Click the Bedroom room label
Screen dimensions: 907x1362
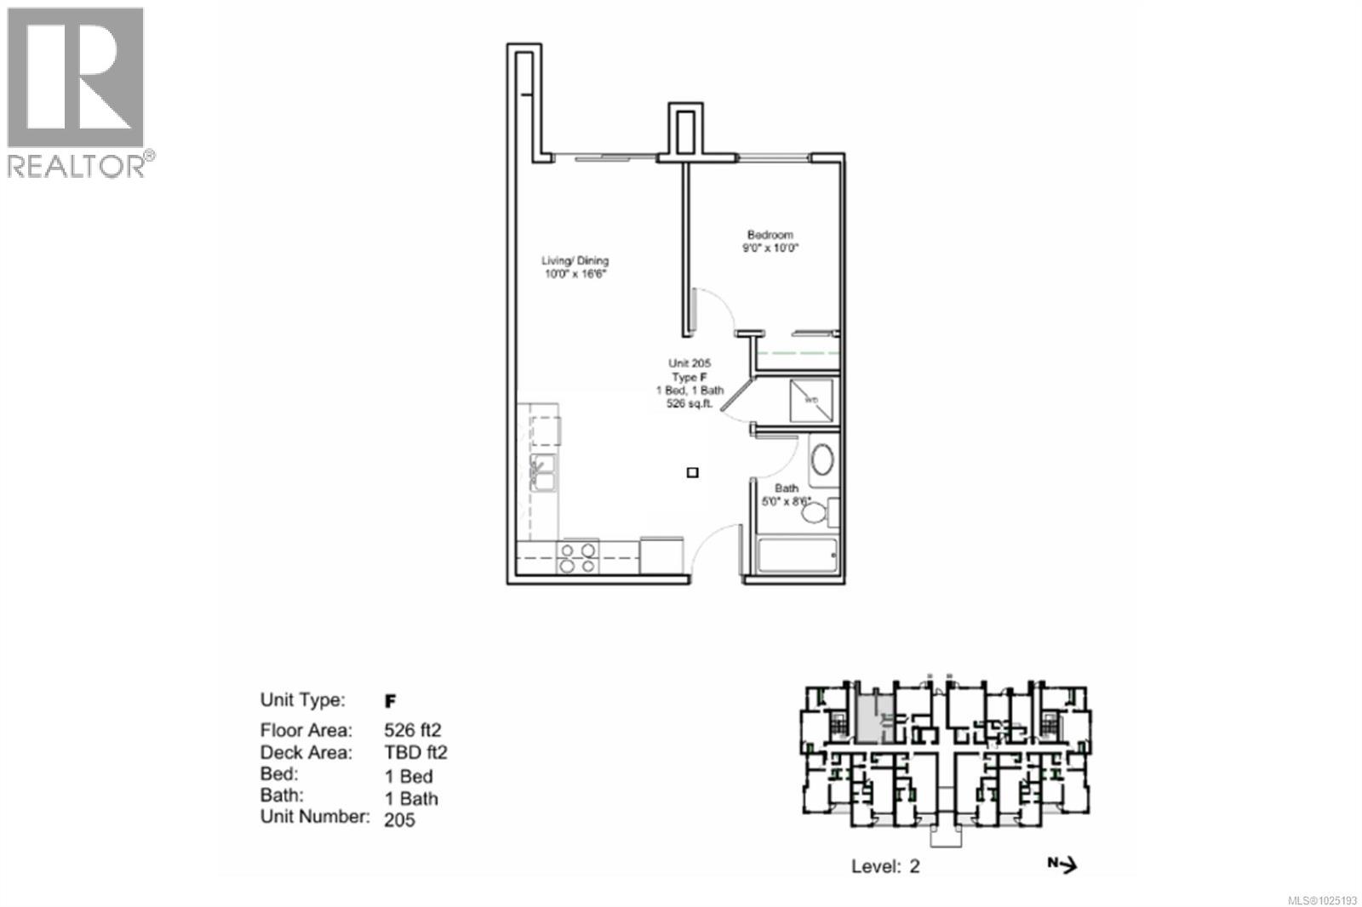tap(770, 235)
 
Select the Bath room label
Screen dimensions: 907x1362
tap(787, 488)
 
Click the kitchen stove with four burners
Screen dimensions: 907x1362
tap(577, 557)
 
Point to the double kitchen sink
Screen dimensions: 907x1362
tap(541, 472)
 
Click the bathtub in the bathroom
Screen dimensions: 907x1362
tap(797, 556)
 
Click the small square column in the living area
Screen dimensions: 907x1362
tap(693, 472)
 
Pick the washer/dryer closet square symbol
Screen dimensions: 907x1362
tap(811, 400)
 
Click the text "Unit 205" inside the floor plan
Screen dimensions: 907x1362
tap(690, 363)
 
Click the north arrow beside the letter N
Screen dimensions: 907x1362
tap(1068, 865)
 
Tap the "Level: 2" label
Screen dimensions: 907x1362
tap(885, 866)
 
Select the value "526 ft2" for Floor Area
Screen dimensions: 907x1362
tap(413, 730)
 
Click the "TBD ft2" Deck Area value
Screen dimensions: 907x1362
tap(415, 752)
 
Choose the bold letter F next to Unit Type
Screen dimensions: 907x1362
tap(391, 701)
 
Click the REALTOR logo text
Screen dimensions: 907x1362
tap(77, 165)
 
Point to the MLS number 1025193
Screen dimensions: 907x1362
tap(1322, 899)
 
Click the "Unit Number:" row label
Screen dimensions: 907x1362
tap(315, 817)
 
